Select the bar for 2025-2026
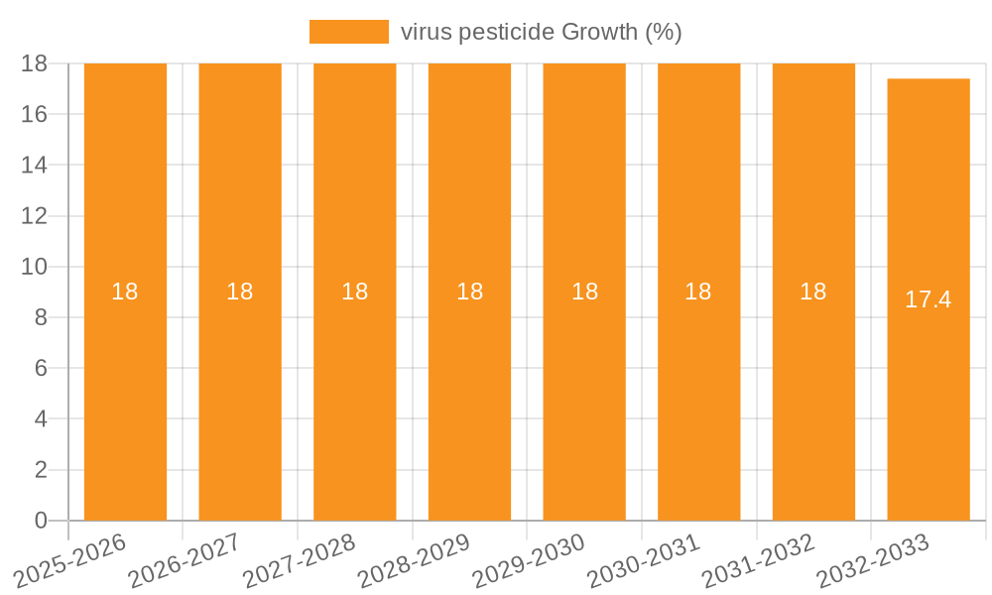(125, 397)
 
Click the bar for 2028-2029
(469, 397)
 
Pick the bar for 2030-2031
(698, 397)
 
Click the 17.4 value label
(929, 299)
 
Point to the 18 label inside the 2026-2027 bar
(240, 292)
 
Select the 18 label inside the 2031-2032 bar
(813, 292)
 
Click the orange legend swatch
(348, 32)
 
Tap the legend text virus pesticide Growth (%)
(541, 32)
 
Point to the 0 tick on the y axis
(41, 521)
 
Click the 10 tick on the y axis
(35, 267)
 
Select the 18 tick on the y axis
(35, 63)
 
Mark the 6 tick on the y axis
(41, 368)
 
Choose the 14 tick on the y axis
(35, 165)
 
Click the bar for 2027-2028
(355, 397)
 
